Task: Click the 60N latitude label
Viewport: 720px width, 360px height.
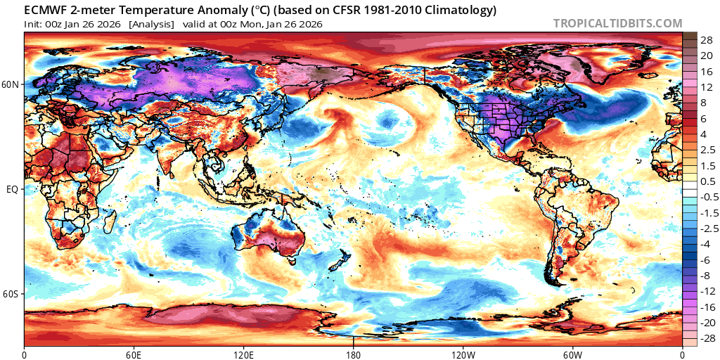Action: (x=11, y=85)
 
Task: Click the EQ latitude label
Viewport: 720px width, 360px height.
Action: (x=13, y=190)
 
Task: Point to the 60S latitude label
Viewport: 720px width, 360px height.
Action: (x=11, y=294)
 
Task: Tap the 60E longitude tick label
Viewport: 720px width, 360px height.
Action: (x=134, y=354)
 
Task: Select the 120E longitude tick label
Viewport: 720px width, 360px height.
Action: (x=243, y=354)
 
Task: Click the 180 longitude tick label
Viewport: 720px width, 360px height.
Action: (x=353, y=354)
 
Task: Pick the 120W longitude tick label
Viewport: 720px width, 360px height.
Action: (x=463, y=354)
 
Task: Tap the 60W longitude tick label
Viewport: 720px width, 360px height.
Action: (x=572, y=354)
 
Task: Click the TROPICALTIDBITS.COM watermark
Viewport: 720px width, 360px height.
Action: (x=617, y=23)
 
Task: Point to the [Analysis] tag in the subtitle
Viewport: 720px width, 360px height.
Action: (x=151, y=24)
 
